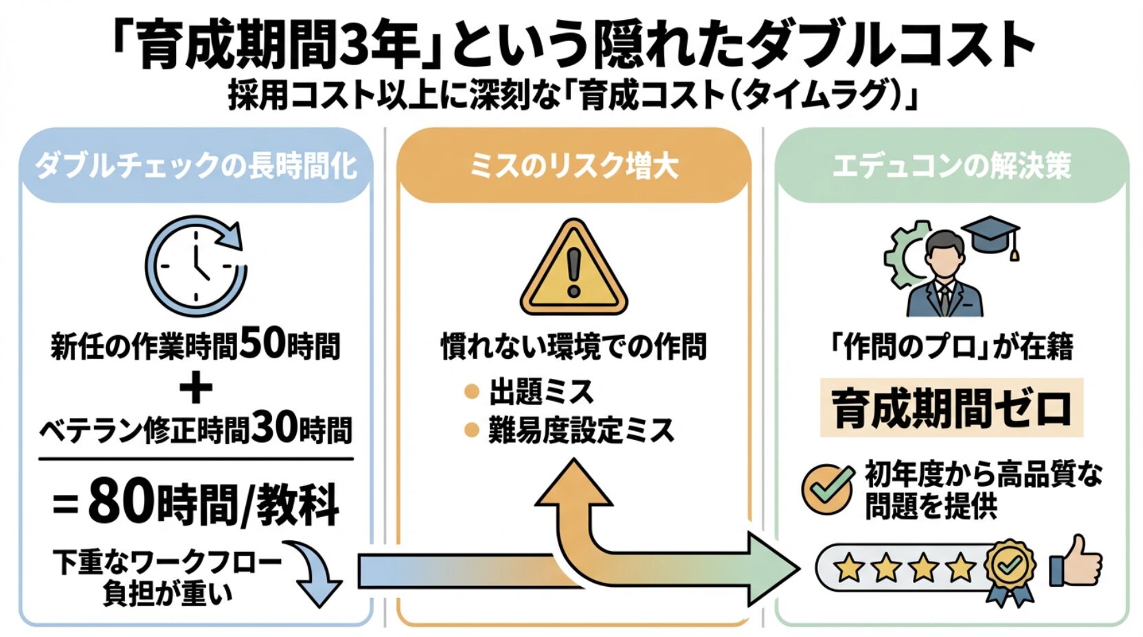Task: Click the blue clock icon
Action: [x=196, y=266]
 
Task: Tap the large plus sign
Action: [x=196, y=387]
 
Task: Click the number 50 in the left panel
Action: [x=262, y=343]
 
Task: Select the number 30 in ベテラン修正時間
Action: [x=274, y=427]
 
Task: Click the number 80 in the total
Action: [x=121, y=502]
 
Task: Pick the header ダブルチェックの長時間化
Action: [x=196, y=166]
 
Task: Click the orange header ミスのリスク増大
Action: [x=574, y=166]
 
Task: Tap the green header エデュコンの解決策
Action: [x=951, y=166]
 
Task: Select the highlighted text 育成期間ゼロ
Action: [x=951, y=408]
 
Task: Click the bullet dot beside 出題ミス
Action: [x=471, y=392]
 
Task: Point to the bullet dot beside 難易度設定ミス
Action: [x=471, y=430]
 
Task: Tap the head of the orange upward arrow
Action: [x=574, y=484]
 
